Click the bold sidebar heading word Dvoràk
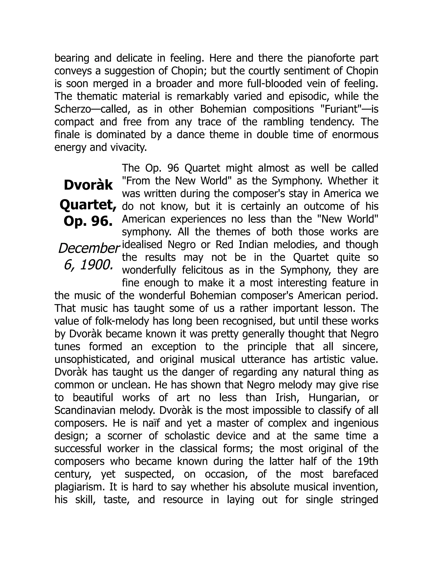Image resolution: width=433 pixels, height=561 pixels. click(88, 185)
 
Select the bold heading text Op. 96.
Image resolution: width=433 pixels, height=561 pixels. click(88, 221)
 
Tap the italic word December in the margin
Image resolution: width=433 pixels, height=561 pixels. click(89, 248)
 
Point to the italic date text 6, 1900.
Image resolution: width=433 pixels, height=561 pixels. click(89, 265)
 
